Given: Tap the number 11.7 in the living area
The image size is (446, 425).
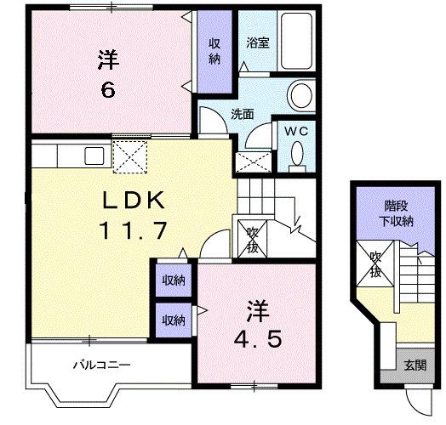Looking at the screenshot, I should [x=138, y=229].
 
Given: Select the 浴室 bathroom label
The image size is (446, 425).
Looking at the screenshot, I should [x=258, y=43].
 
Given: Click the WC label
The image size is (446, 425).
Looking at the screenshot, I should [x=296, y=132].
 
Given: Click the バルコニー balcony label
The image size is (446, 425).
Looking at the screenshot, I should [x=100, y=365].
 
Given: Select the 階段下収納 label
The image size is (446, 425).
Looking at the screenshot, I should [x=395, y=214].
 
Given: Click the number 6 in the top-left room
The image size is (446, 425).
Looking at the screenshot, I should [x=108, y=89].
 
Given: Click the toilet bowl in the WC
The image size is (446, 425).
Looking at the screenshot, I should [x=297, y=155].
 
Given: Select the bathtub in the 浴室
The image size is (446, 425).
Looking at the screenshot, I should [x=300, y=42].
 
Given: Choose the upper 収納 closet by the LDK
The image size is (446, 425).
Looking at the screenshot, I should [x=174, y=280].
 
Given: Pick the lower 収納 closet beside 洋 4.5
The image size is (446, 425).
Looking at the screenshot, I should [x=174, y=320].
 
